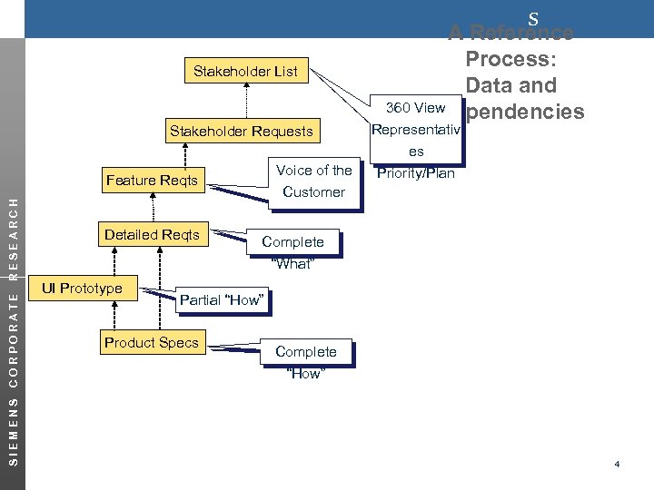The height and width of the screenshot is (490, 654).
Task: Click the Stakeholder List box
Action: (x=245, y=71)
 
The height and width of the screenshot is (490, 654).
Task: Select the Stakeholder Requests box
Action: (x=241, y=132)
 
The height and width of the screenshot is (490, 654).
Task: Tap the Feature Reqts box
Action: (x=151, y=180)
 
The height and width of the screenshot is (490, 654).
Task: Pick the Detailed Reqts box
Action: (x=152, y=235)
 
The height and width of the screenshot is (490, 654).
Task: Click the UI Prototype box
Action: (x=82, y=289)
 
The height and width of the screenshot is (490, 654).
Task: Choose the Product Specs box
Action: (x=151, y=342)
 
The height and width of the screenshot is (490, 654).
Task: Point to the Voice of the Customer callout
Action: (x=313, y=181)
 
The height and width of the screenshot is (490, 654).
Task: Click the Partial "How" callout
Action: (x=222, y=299)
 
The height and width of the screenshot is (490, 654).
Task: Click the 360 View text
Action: (x=415, y=108)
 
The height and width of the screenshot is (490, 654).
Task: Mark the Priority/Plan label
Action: (x=415, y=173)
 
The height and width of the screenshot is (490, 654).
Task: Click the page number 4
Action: (x=617, y=465)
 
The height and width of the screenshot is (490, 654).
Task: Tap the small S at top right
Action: (x=533, y=18)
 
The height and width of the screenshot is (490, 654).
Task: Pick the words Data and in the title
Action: (x=510, y=86)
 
